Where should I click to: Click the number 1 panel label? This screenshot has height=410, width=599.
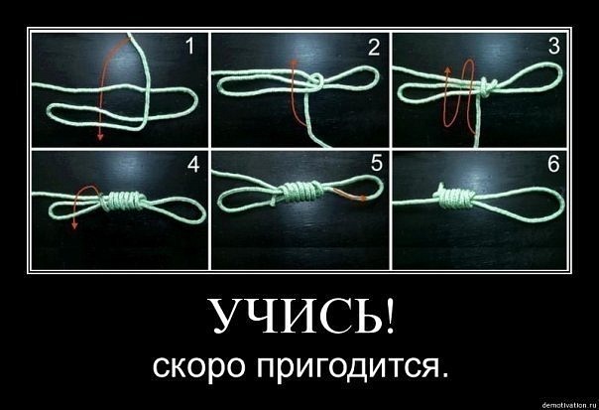point(189,47)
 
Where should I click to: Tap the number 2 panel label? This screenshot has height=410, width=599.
point(374,48)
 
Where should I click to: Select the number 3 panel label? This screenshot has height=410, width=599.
point(553,46)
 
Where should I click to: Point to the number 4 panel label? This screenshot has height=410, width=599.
point(193,165)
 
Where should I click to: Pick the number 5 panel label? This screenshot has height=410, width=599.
point(376,164)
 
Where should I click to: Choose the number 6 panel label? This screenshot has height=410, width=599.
point(553,164)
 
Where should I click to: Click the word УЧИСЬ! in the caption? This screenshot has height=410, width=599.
point(301,315)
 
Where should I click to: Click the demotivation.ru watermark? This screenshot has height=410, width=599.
point(569,404)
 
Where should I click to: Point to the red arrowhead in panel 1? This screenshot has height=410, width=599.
point(100,136)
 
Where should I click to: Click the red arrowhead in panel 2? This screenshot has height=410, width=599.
point(294,63)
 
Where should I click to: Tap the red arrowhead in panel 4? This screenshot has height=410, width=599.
point(75,225)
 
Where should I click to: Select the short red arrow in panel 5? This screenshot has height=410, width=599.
point(350,195)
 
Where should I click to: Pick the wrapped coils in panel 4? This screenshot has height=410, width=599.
point(123,201)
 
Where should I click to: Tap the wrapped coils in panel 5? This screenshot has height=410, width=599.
point(299,192)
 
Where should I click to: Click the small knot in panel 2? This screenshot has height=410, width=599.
point(316,81)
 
